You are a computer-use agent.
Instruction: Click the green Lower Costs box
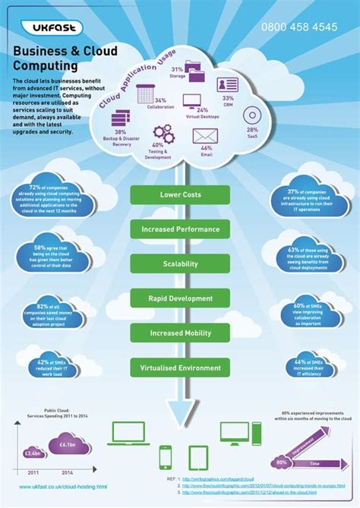(180, 195)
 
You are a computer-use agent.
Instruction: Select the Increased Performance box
(180, 229)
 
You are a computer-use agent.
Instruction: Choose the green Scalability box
(180, 263)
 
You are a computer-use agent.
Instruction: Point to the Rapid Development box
(180, 298)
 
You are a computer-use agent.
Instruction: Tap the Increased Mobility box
(180, 333)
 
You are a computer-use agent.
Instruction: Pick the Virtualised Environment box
(180, 368)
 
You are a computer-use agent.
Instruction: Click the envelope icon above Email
(205, 136)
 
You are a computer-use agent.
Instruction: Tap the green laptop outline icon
(129, 433)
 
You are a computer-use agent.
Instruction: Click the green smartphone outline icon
(165, 457)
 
